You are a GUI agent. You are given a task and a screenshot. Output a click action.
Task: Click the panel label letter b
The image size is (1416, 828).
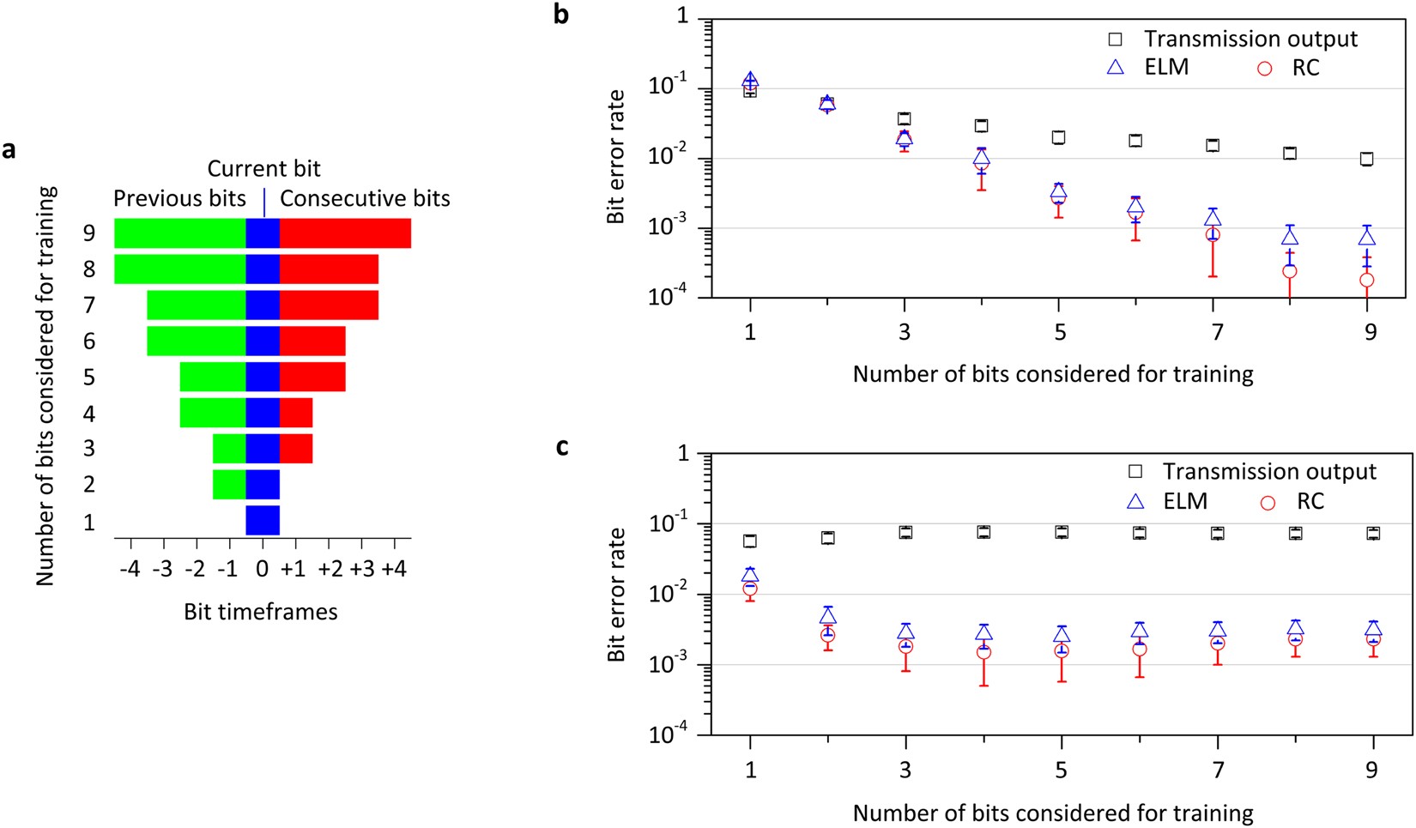click(561, 15)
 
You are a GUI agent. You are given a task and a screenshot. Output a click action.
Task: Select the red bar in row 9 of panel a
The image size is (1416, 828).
click(345, 233)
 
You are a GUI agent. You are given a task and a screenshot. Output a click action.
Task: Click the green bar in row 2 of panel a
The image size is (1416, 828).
click(229, 484)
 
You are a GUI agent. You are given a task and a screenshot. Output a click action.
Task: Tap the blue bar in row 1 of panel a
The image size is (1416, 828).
click(263, 520)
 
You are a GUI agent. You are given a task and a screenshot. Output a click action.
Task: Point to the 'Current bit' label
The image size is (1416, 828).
click(263, 168)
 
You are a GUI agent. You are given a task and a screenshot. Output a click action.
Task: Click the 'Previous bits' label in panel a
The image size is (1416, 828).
click(179, 198)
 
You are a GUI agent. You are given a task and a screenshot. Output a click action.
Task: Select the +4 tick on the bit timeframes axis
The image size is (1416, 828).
click(394, 569)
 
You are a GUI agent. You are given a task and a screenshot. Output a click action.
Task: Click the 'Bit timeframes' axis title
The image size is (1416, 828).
click(260, 612)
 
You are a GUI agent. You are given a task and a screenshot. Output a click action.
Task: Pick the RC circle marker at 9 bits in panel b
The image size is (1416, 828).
click(1367, 280)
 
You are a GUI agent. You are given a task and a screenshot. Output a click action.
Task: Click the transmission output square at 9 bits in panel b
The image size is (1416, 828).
click(1367, 159)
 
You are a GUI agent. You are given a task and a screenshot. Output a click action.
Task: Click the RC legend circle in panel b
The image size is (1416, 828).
click(1264, 68)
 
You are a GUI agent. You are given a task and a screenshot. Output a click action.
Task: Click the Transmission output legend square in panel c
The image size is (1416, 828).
click(1135, 472)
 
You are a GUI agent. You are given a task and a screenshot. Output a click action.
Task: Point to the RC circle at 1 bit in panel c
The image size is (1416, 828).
click(750, 589)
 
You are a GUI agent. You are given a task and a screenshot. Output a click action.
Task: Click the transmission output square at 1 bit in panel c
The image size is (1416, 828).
click(750, 541)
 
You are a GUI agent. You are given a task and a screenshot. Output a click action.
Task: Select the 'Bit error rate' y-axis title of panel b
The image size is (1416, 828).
click(615, 156)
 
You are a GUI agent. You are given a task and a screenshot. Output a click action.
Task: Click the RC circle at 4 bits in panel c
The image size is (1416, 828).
click(983, 652)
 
